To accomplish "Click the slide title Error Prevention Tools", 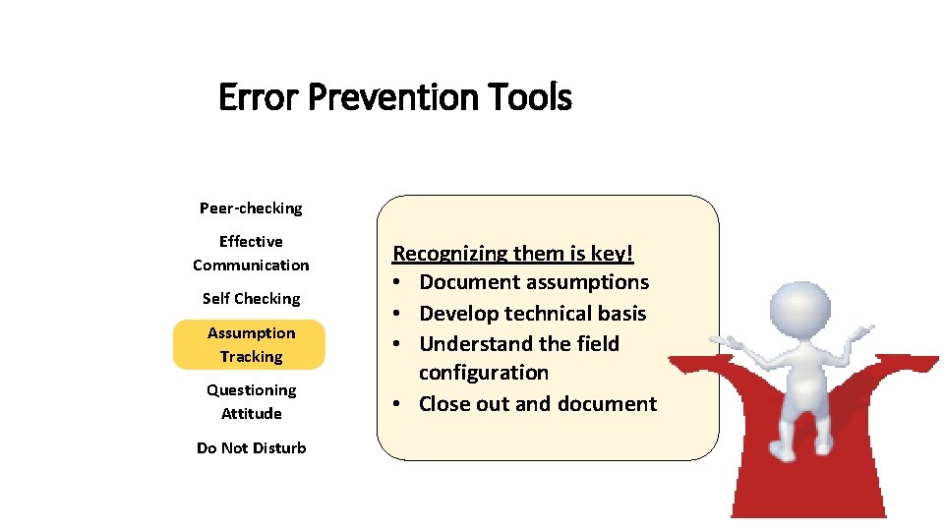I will tap(394, 97).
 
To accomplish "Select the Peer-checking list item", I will tap(251, 207).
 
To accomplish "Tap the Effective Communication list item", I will tap(251, 253).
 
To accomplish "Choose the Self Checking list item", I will tap(251, 298).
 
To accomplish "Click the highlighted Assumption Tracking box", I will tap(250, 344).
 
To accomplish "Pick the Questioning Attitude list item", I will tap(251, 401).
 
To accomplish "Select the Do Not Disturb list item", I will tap(251, 447).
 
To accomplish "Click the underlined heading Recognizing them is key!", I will tap(513, 254).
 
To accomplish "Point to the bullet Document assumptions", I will tap(534, 282).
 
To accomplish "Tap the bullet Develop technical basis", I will tap(532, 314).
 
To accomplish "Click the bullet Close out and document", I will tap(538, 404).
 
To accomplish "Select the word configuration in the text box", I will tap(483, 373).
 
